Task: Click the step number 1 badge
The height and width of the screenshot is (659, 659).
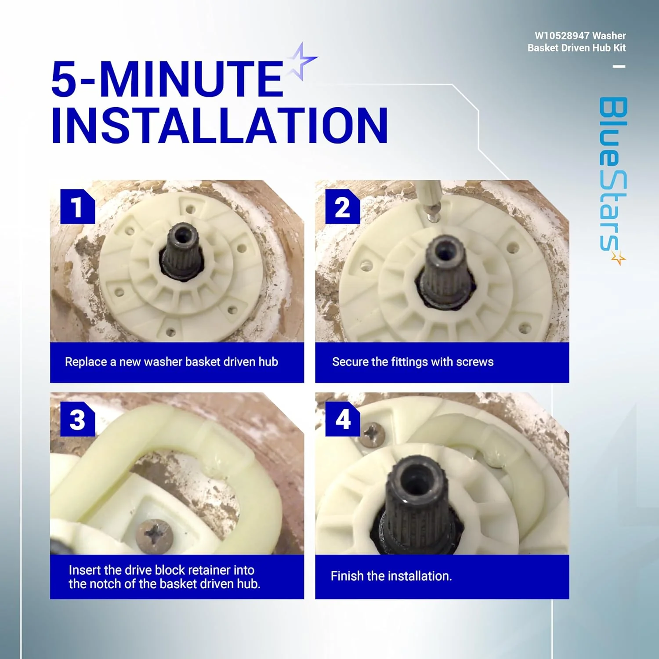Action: (77, 206)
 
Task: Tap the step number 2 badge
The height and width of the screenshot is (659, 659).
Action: (343, 206)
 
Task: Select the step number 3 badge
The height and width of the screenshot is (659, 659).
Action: (77, 419)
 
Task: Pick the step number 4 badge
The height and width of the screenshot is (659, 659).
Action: (343, 419)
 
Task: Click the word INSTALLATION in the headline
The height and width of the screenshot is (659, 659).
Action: (220, 126)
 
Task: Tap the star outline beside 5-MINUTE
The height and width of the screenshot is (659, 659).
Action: (302, 61)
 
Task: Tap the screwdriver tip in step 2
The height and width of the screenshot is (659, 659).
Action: (432, 217)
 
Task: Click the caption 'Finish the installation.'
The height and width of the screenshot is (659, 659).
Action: (391, 576)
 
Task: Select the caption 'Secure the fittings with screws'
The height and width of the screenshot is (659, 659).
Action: (413, 362)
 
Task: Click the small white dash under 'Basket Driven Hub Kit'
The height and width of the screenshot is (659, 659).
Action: (619, 67)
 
